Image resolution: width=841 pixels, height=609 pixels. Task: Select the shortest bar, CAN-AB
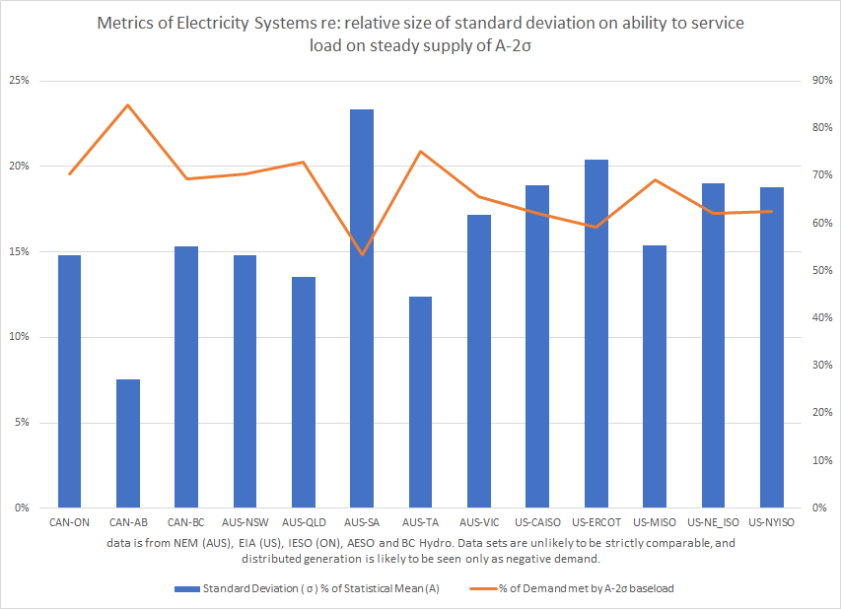(x=127, y=443)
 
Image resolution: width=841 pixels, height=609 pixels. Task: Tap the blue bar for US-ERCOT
(x=596, y=334)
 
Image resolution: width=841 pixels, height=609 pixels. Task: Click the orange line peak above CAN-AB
(x=127, y=104)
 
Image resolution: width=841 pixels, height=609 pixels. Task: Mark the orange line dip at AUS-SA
(x=362, y=254)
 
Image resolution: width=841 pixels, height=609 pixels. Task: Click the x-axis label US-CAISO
(x=537, y=521)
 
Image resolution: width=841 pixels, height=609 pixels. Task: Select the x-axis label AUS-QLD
(x=304, y=521)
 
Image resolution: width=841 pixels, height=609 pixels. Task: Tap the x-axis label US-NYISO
(x=772, y=521)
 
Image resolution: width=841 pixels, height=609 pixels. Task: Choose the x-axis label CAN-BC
(x=186, y=521)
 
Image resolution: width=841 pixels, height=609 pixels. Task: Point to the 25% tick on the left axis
(x=22, y=80)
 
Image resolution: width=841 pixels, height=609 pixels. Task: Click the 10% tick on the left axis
(x=22, y=337)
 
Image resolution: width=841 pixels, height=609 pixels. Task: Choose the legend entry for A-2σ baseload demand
(x=587, y=588)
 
